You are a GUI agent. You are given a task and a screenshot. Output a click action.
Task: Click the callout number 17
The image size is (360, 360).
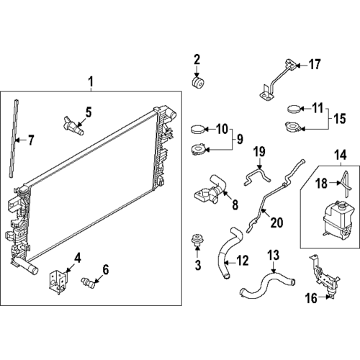tap(315, 64)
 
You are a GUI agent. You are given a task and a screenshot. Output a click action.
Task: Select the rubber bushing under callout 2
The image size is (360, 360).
tap(198, 83)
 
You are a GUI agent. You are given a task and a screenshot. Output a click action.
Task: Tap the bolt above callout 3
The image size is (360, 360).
tap(197, 240)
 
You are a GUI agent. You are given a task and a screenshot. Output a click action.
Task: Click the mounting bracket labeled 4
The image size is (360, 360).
tap(58, 282)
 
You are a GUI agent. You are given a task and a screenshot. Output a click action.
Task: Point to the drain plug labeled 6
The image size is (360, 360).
tap(89, 283)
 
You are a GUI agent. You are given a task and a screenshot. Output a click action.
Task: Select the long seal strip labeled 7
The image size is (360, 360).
tap(14, 138)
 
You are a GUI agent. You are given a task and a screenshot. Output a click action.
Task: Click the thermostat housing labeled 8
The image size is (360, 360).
tap(210, 192)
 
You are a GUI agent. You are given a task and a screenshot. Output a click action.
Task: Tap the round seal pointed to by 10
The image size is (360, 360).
tap(198, 129)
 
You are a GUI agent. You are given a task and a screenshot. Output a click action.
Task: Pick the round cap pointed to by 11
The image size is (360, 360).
tap(294, 109)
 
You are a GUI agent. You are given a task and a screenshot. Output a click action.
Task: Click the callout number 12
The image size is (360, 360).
tap(243, 261)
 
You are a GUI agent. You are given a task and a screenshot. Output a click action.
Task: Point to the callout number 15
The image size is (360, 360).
tap(340, 119)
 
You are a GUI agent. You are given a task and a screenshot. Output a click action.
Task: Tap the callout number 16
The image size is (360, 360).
tap(311, 298)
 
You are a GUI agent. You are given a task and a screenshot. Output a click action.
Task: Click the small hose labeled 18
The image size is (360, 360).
tap(345, 184)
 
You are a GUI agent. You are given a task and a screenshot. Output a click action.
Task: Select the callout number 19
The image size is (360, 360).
tap(259, 152)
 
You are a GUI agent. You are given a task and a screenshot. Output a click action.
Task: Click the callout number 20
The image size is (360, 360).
tap(276, 222)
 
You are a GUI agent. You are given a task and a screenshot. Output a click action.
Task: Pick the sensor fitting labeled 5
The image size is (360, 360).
tap(73, 125)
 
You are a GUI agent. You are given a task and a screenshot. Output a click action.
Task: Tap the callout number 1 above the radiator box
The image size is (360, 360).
tap(91, 82)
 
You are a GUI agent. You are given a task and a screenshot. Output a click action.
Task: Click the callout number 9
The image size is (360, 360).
tap(240, 139)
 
